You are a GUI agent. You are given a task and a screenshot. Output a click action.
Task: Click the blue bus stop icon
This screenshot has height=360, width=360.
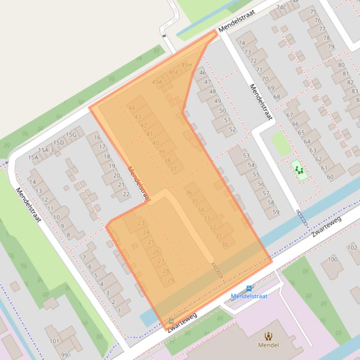click(x=249, y=288)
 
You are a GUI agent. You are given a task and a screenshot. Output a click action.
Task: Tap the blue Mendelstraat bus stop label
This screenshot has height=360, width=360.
click(x=249, y=296)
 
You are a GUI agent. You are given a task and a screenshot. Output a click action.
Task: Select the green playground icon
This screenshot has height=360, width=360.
click(x=299, y=170)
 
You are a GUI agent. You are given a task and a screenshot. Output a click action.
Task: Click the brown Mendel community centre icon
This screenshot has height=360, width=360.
click(x=269, y=336)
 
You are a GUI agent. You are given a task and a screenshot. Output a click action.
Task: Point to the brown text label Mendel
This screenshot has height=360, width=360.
click(x=269, y=345)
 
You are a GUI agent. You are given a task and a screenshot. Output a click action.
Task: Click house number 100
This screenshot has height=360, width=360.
click(x=332, y=259)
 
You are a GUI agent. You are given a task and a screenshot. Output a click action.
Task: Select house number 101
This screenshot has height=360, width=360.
click(x=55, y=341)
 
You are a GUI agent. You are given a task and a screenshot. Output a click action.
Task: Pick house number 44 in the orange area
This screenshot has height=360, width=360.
click(x=132, y=108)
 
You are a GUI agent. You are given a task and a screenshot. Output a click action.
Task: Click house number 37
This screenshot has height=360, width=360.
click(x=173, y=169)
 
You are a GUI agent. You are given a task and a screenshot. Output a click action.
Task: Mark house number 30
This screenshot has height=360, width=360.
click(x=225, y=245)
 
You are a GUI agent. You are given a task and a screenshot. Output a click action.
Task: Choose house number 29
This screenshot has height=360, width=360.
click(x=171, y=280)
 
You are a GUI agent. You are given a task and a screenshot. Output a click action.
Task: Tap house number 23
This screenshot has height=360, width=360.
click(x=142, y=223)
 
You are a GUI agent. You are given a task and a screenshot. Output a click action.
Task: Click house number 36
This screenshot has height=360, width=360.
click(x=189, y=192)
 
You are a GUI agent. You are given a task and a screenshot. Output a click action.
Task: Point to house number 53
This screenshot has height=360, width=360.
click(x=246, y=156)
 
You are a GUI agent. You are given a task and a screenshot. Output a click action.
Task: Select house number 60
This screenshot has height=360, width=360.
click(x=330, y=177)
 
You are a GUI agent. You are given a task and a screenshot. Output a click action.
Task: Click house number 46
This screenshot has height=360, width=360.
click(x=202, y=72)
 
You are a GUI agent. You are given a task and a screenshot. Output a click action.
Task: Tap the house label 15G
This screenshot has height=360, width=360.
click(x=71, y=135)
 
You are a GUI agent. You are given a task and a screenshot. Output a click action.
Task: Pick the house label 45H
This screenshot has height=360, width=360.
click(x=187, y=65)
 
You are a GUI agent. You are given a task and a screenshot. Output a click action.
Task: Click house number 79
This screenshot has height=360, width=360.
click(x=331, y=46)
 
